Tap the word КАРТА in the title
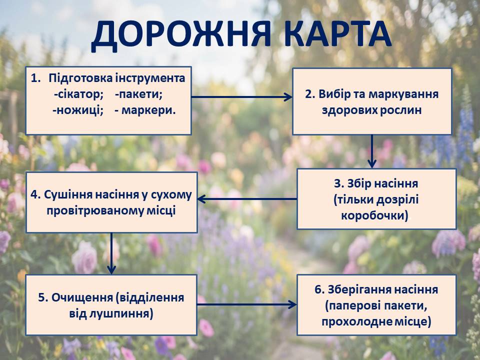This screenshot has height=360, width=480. pos(338,33)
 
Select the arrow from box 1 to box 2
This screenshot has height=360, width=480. pos(242,97)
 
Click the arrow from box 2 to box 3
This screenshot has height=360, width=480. pos(372,151)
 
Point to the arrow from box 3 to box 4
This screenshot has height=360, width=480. pos(247,199)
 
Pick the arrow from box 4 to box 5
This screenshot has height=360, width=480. pos(111,253)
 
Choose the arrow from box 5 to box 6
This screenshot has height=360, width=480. pos(246,304)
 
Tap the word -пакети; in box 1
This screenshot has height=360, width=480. pos(138,94)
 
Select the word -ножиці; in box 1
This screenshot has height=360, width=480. pos(78,110)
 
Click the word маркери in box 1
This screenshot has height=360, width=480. pos(148,110)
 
